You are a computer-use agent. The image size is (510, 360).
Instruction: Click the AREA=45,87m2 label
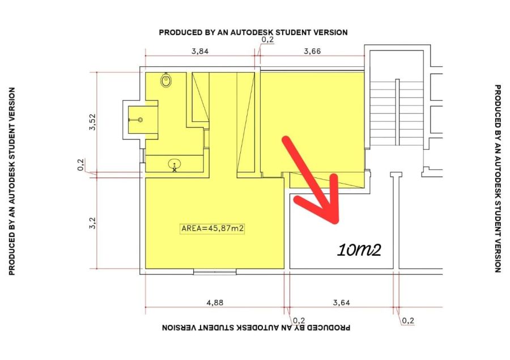click(x=212, y=228)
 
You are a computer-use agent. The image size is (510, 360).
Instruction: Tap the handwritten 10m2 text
click(x=359, y=250)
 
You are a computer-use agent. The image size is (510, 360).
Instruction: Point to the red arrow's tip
click(x=337, y=222)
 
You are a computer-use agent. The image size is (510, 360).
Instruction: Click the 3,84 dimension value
click(x=199, y=51)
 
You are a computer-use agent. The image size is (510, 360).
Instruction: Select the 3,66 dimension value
click(x=312, y=51)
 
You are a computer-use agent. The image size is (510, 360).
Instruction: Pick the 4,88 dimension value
click(x=215, y=302)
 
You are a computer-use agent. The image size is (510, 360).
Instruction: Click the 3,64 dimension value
click(x=342, y=302)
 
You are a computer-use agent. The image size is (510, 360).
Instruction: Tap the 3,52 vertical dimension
click(x=93, y=122)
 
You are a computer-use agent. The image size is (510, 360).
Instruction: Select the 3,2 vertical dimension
click(x=93, y=223)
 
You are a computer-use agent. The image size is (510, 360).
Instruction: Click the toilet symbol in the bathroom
click(x=166, y=80)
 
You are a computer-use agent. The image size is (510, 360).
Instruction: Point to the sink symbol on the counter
click(x=175, y=165)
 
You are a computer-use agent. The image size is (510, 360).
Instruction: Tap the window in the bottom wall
click(x=215, y=272)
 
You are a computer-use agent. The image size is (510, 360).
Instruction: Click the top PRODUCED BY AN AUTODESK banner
click(x=253, y=32)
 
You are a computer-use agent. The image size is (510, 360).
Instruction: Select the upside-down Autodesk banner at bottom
click(x=256, y=327)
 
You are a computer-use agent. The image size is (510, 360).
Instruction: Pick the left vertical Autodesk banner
click(x=12, y=181)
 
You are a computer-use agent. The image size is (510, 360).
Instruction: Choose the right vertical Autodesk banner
click(x=498, y=179)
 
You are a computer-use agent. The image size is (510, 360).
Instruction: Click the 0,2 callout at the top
click(x=267, y=40)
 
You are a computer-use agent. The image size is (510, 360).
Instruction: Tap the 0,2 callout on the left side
click(x=80, y=164)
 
